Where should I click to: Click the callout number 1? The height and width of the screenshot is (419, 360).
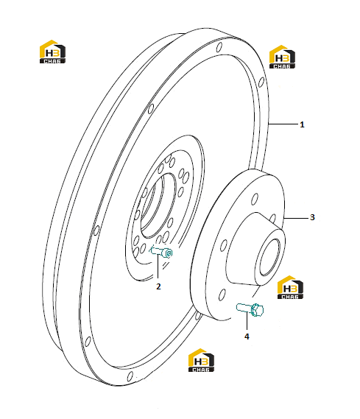[302, 124]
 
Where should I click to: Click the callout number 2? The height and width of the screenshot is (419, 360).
[158, 286]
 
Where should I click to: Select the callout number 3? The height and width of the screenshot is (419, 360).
[312, 217]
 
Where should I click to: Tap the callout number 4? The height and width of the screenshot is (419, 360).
[247, 337]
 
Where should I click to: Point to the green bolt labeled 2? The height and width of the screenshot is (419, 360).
[161, 252]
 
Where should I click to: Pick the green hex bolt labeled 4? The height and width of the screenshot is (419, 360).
[250, 309]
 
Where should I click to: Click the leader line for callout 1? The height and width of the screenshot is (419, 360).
[283, 124]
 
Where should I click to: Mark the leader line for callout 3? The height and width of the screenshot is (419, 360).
[296, 218]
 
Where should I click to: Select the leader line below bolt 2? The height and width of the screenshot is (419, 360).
[158, 267]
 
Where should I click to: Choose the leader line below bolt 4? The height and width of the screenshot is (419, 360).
[247, 322]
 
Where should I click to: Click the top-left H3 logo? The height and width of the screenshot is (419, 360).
[52, 52]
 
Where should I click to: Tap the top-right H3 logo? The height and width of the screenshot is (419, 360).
[282, 57]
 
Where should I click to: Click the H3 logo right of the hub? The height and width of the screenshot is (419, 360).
[290, 287]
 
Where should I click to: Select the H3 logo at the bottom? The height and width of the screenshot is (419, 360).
[201, 360]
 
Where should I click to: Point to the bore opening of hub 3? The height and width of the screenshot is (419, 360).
[270, 257]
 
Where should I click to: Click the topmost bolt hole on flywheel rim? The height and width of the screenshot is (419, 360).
[219, 48]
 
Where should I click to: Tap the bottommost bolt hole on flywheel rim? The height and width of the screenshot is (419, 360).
[130, 376]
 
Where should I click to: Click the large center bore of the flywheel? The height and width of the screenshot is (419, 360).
[158, 205]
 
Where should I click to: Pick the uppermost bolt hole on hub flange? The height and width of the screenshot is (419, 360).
[255, 199]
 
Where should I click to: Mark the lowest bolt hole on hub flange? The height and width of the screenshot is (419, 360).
[222, 295]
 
